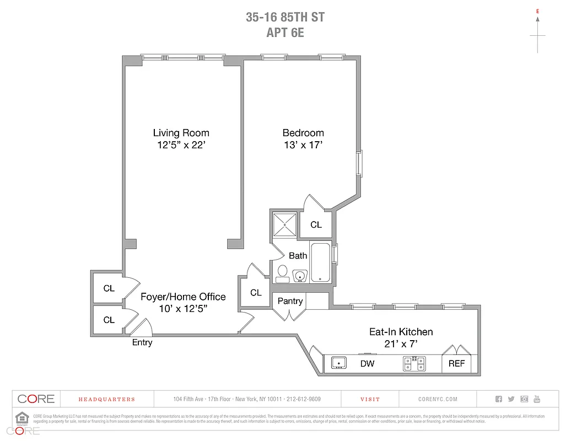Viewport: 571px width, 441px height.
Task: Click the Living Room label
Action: point(181,133)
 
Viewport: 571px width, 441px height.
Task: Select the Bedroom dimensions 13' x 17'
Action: point(303,146)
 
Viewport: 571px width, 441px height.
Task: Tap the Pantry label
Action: point(290,301)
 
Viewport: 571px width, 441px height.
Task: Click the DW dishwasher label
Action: point(368,363)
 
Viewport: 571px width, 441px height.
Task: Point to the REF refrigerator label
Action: point(456,363)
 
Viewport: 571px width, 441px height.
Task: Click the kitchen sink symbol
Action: point(338,363)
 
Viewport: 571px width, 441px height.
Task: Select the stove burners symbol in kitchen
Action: point(414,363)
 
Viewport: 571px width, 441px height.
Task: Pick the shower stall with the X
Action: point(284,224)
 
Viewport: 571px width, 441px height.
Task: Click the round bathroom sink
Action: point(300,275)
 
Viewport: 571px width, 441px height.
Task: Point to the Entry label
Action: point(142,342)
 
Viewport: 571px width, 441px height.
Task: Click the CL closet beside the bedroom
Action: point(316,224)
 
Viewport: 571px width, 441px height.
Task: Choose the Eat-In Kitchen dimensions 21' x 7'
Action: point(401,344)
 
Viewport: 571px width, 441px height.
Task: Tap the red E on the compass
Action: point(537,10)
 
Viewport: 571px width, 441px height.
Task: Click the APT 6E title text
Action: point(285,32)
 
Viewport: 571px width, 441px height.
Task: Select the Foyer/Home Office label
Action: point(183,297)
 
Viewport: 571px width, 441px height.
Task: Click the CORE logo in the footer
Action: point(36,399)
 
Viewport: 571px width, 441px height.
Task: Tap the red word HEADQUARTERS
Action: point(106,399)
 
